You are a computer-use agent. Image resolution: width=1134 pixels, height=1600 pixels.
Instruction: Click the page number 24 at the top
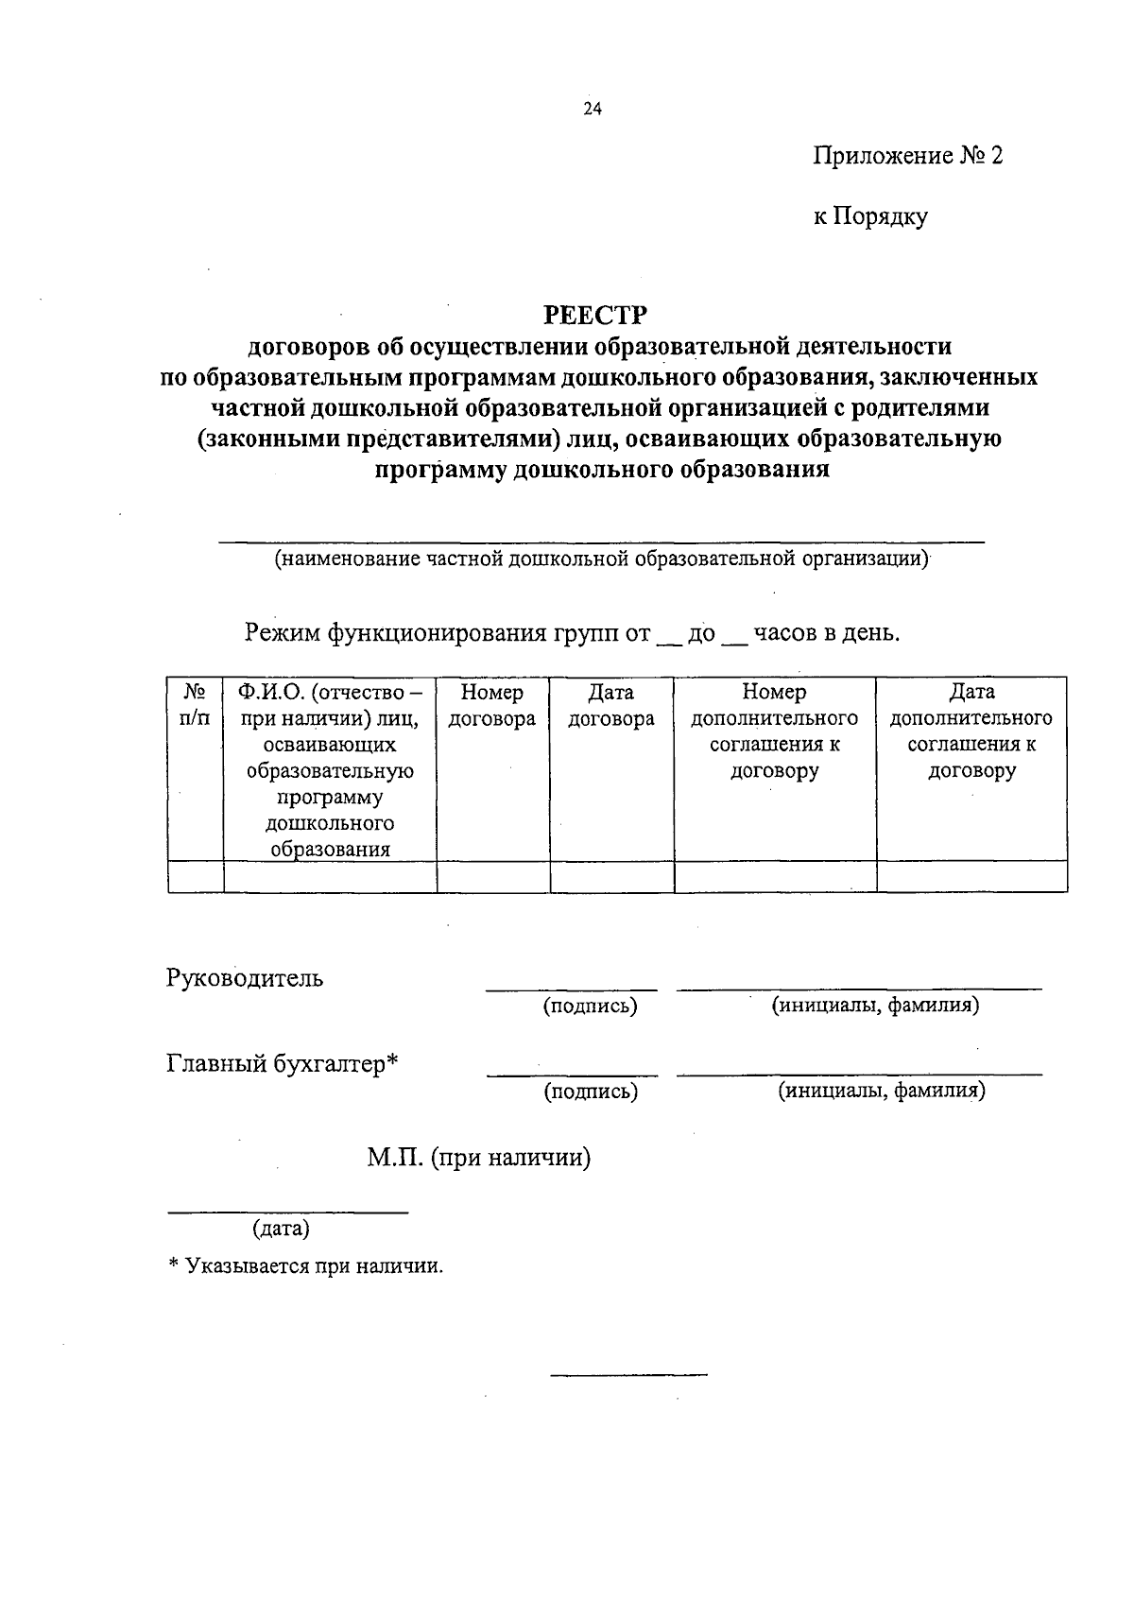pos(593,109)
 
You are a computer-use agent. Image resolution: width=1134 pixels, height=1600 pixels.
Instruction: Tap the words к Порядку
pos(870,216)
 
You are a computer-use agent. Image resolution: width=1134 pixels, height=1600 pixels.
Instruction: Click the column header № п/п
pos(195,705)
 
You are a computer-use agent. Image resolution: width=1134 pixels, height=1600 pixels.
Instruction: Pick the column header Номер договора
pos(492,705)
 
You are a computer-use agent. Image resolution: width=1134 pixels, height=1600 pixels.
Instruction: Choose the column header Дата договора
pos(611,705)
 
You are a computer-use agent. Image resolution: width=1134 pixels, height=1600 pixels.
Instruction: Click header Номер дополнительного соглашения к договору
pos(775,731)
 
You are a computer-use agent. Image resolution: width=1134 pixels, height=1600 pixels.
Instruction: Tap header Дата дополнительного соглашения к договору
pos(971,731)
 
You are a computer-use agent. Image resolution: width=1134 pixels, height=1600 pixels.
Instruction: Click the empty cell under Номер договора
pos(492,876)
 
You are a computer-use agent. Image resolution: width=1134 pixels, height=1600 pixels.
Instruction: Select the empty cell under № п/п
pos(196,876)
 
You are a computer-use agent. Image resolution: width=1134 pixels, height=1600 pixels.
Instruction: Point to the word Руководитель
pos(245,978)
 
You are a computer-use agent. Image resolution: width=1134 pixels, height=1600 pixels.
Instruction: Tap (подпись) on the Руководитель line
pos(590,1006)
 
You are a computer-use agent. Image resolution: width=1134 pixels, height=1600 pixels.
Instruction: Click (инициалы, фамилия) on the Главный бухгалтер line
pos(881,1092)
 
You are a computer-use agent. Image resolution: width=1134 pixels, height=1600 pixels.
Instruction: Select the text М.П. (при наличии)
pos(479,1157)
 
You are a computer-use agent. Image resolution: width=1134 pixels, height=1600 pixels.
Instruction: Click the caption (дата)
pos(281,1229)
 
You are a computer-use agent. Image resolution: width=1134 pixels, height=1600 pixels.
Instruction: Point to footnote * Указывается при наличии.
pos(305,1266)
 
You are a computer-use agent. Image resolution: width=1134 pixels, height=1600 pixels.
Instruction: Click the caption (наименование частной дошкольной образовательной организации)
pos(602,559)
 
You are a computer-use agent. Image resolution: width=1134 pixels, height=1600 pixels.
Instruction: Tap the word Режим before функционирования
pos(283,632)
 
